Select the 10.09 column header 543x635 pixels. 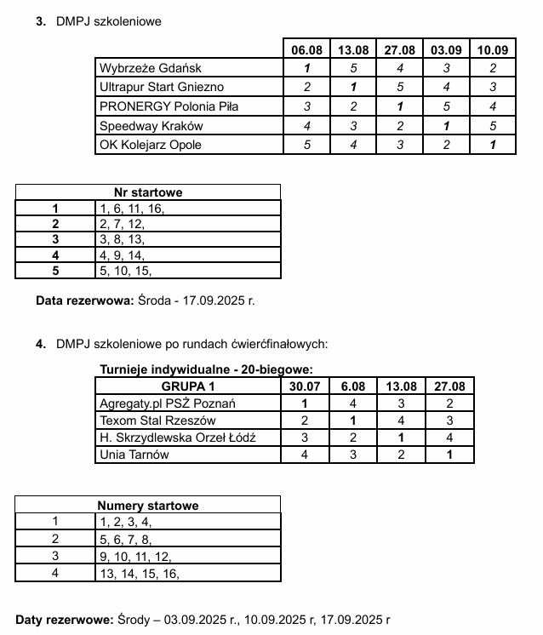[493, 50]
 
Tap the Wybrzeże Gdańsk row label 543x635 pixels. [151, 69]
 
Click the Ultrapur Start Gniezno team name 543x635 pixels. [162, 88]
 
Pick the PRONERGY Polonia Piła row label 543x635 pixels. [169, 106]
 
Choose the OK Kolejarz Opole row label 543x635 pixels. [151, 145]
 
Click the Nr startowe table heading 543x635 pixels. [148, 192]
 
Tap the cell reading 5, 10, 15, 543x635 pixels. [125, 272]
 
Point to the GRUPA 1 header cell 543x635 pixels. [189, 386]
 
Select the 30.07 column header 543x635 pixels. [305, 386]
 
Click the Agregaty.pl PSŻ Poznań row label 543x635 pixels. [168, 403]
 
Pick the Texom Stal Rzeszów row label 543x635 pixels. [157, 420]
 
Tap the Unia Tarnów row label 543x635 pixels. [134, 455]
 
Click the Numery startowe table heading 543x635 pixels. [148, 506]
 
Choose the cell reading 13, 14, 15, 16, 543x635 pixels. [140, 574]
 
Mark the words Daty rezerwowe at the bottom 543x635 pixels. [64, 620]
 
